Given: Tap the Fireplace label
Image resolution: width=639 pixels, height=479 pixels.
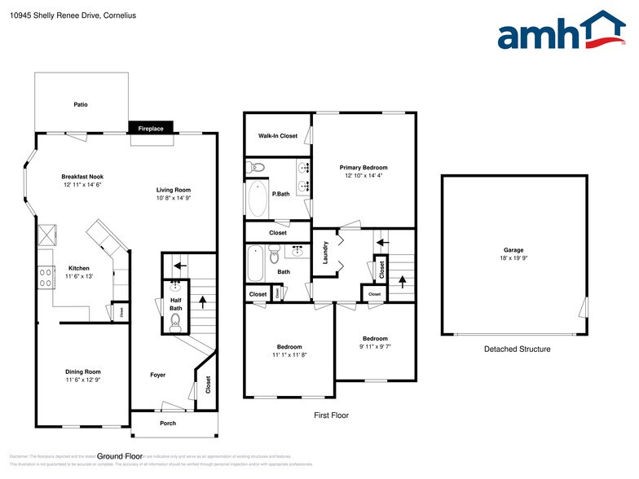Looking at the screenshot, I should coord(151,129).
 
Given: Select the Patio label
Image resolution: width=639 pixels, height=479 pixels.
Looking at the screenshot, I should coord(81,104).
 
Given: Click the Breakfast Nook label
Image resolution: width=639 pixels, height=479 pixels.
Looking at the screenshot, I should coord(82,177).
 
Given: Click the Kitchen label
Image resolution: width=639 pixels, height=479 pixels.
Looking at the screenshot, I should coord(79,268).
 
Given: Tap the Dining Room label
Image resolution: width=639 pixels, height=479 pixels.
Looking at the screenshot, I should coord(83,371).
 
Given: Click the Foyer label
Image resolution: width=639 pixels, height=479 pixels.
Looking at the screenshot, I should coord(158,375).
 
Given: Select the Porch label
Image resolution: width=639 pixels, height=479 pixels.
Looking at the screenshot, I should coord(168,424).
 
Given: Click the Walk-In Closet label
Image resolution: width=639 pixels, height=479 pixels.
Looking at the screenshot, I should coord(278,136).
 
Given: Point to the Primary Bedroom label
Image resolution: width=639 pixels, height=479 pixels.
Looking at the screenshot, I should coord(364,167).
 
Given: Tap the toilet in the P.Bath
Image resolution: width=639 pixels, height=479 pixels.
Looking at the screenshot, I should coord(258,169).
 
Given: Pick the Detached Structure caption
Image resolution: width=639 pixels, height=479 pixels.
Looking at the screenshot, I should coord(517,349).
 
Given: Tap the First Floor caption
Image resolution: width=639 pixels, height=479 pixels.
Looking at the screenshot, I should coord(331,415).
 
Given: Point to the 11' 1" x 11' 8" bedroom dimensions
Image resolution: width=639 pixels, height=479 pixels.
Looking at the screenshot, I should coord(289,354).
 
